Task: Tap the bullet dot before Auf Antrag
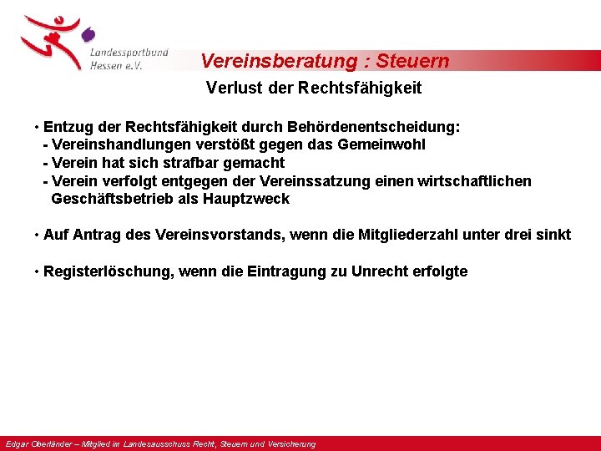[x=38, y=235]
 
